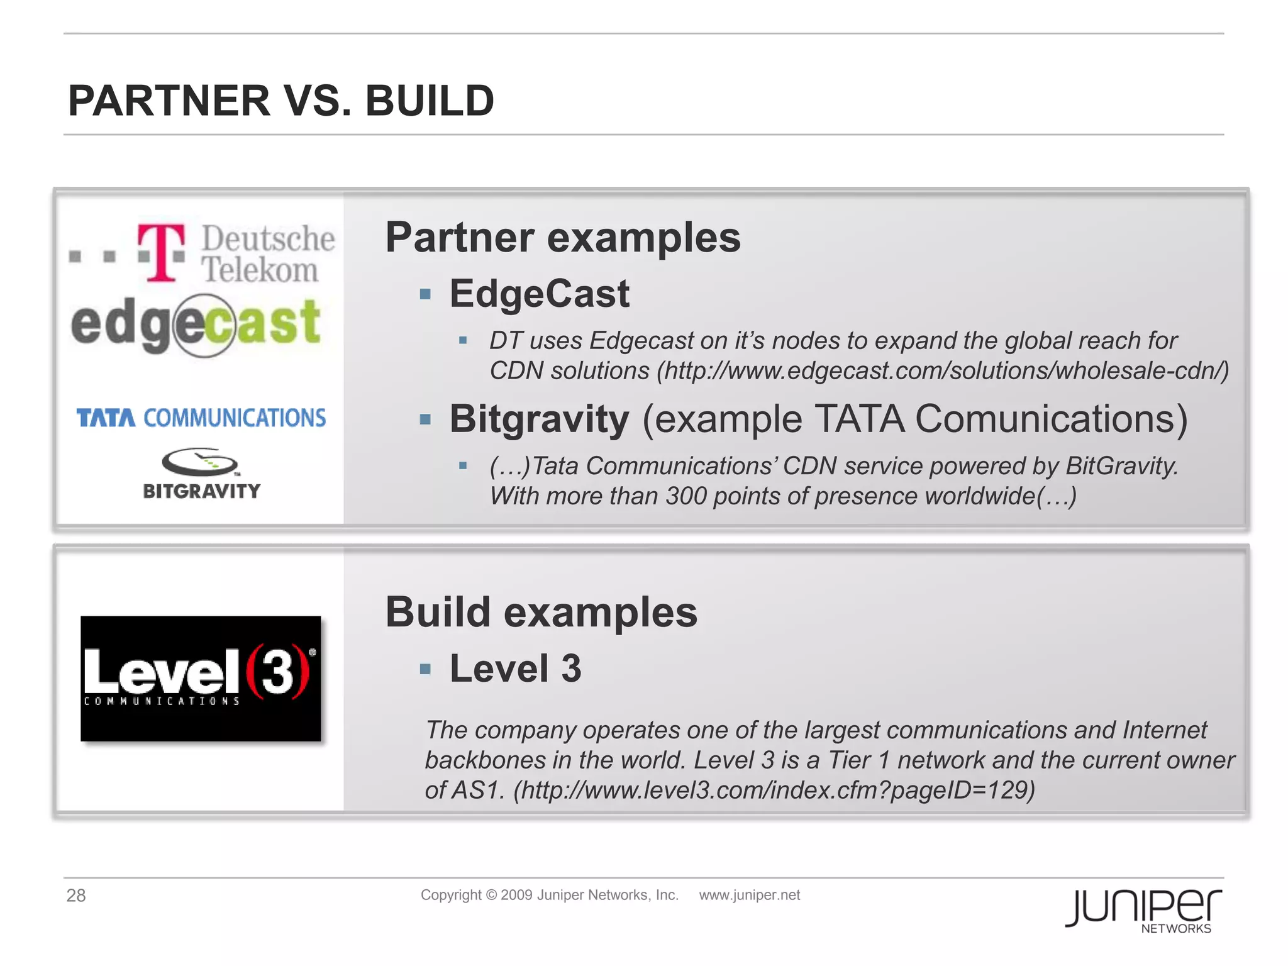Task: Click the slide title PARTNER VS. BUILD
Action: pyautogui.click(x=281, y=101)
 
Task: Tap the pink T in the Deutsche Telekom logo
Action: pyautogui.click(x=162, y=252)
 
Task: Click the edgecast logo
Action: pyautogui.click(x=196, y=325)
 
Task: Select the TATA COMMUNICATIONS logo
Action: pyautogui.click(x=201, y=418)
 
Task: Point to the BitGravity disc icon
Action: pyautogui.click(x=200, y=462)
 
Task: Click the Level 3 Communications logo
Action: pyautogui.click(x=201, y=678)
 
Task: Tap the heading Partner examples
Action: pyautogui.click(x=563, y=238)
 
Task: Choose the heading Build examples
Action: pyautogui.click(x=541, y=612)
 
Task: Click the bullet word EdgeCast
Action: pyautogui.click(x=539, y=294)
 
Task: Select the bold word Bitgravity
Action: pyautogui.click(x=539, y=419)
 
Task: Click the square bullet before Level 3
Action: pyautogui.click(x=425, y=669)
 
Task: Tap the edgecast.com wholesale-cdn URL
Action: pyautogui.click(x=943, y=371)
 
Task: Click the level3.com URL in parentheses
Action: pyautogui.click(x=774, y=790)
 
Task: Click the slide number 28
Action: pyautogui.click(x=76, y=896)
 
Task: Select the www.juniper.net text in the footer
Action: pyautogui.click(x=749, y=895)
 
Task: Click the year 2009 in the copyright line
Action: pyautogui.click(x=516, y=895)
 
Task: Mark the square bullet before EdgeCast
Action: pyautogui.click(x=425, y=294)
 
